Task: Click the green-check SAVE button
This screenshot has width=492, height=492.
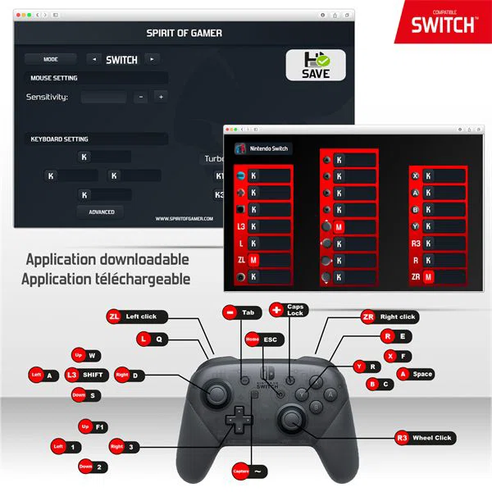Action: pyautogui.click(x=316, y=65)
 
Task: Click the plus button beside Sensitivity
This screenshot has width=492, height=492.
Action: pyautogui.click(x=161, y=97)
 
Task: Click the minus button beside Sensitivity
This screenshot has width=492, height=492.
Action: pyautogui.click(x=140, y=97)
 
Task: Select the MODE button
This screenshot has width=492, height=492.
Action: pyautogui.click(x=50, y=59)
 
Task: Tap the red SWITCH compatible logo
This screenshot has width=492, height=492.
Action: pyautogui.click(x=444, y=22)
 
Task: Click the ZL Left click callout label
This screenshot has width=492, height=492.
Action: pyautogui.click(x=136, y=317)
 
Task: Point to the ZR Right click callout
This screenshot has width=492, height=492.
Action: pyautogui.click(x=389, y=317)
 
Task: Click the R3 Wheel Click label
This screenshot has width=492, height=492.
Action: pyautogui.click(x=424, y=438)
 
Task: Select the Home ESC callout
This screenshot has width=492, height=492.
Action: pyautogui.click(x=262, y=339)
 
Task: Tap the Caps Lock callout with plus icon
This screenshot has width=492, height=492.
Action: pyautogui.click(x=288, y=310)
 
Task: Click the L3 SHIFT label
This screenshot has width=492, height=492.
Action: pyautogui.click(x=87, y=375)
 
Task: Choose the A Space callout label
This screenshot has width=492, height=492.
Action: pyautogui.click(x=415, y=374)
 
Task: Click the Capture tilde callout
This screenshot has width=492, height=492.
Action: pyautogui.click(x=250, y=471)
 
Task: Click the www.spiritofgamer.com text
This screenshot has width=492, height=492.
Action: pyautogui.click(x=184, y=218)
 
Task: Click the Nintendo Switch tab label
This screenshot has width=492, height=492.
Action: pyautogui.click(x=264, y=149)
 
